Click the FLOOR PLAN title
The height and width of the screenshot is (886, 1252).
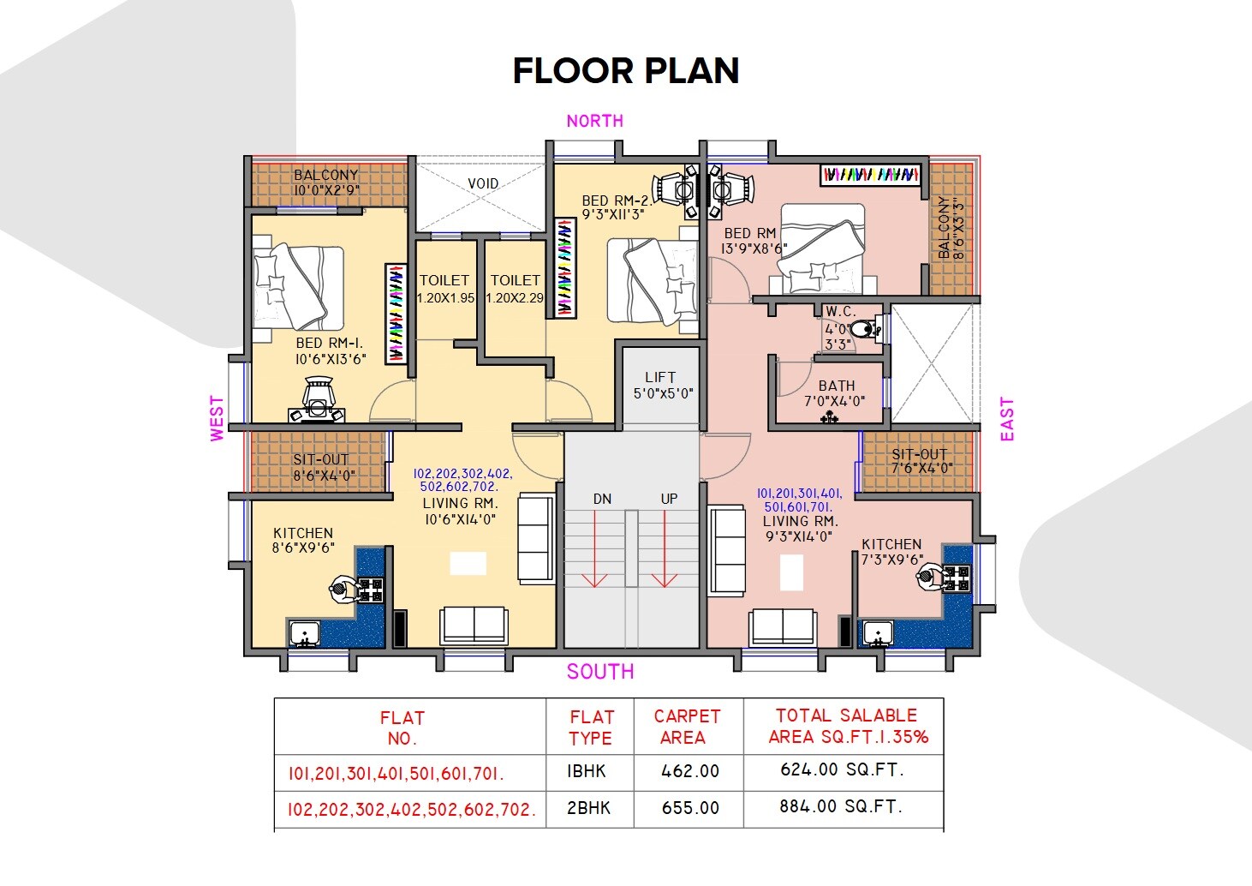(625, 71)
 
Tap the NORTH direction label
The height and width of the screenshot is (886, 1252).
(594, 121)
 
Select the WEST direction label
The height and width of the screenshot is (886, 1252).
(218, 418)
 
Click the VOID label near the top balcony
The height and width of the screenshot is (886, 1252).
(483, 183)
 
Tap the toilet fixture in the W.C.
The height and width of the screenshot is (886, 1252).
(865, 329)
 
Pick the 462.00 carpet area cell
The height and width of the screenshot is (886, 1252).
(689, 771)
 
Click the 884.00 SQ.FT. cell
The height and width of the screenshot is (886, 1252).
(842, 806)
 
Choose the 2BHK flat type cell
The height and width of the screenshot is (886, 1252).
(589, 808)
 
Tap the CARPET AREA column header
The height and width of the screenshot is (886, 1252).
(687, 727)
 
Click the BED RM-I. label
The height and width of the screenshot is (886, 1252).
(331, 350)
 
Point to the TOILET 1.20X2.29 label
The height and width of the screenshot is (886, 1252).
(515, 289)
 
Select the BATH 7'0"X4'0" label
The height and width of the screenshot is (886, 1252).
(835, 393)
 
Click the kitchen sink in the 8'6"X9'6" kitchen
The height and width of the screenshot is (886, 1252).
(303, 635)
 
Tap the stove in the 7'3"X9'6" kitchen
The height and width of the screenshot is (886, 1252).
(957, 578)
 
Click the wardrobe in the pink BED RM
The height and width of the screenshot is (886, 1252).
(870, 175)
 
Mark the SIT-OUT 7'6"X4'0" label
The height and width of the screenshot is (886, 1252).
(920, 461)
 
